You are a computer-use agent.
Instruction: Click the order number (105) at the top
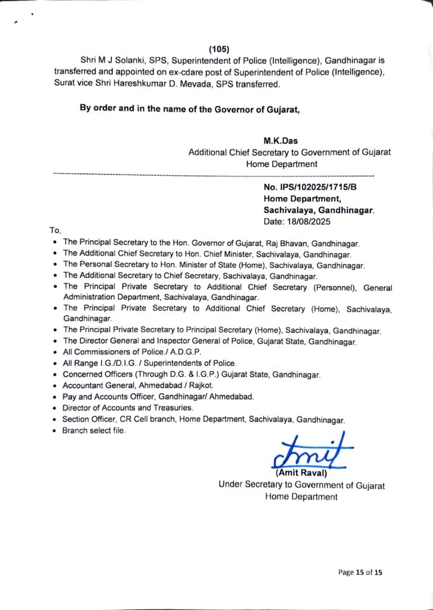click(219, 49)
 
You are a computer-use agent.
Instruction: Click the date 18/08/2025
click(309, 221)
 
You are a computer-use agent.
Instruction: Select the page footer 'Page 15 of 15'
click(360, 572)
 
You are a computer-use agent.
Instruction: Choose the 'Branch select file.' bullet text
click(94, 431)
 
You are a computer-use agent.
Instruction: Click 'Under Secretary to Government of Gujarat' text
click(301, 485)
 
